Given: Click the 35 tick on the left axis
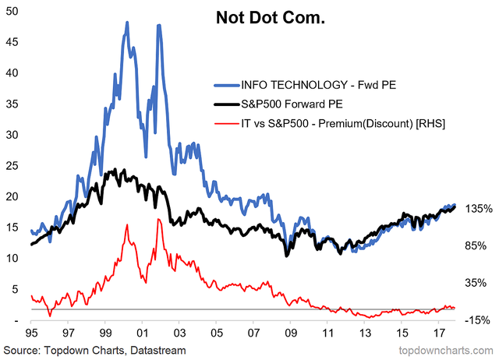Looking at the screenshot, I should point(12,103).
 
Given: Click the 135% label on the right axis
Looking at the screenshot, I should point(477,210).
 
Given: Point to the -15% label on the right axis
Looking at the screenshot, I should point(477,319).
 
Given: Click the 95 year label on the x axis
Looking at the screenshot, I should point(30,331).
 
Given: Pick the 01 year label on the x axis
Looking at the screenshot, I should point(142,331).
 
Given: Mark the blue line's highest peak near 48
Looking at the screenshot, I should point(127,23).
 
